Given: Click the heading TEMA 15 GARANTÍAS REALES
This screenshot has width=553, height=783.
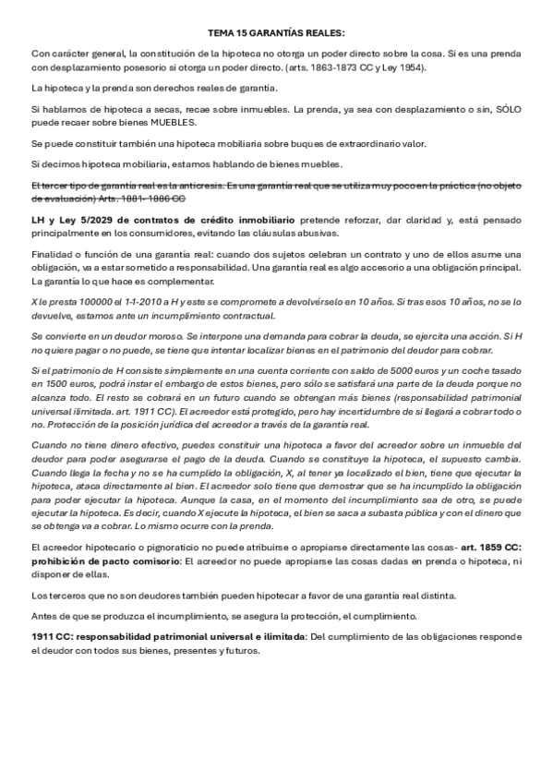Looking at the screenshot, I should (x=276, y=31).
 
